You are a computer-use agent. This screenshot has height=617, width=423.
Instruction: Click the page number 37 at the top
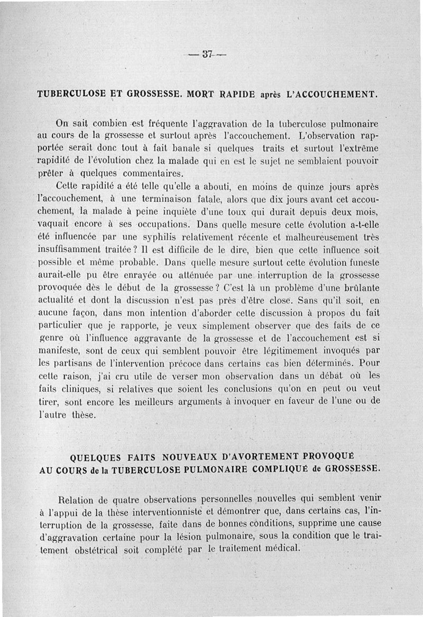click(x=207, y=53)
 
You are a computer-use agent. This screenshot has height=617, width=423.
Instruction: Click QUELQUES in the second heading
click(x=98, y=456)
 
